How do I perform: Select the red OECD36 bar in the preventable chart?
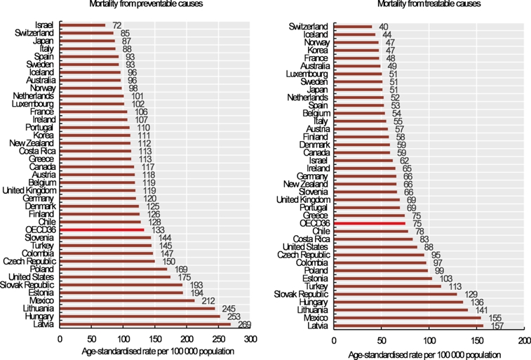102,229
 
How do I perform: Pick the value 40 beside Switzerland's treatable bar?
384,27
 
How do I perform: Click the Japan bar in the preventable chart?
88,41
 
